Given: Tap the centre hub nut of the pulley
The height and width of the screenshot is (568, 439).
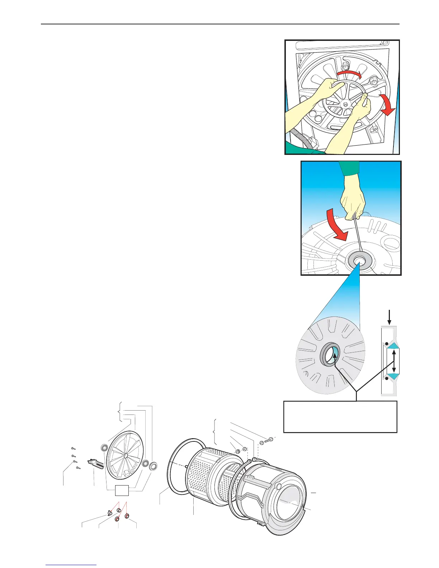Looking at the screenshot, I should (x=345, y=104).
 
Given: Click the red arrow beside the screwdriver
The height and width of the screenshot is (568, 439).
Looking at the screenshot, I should (x=337, y=225).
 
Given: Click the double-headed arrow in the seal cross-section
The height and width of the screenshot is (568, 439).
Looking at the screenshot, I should (x=394, y=361).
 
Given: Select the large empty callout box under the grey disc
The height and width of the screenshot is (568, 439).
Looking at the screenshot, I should (x=340, y=417).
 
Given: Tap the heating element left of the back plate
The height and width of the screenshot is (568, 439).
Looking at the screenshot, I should (x=95, y=464).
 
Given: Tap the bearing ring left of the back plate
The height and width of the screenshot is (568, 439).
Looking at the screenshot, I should (x=104, y=448).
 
